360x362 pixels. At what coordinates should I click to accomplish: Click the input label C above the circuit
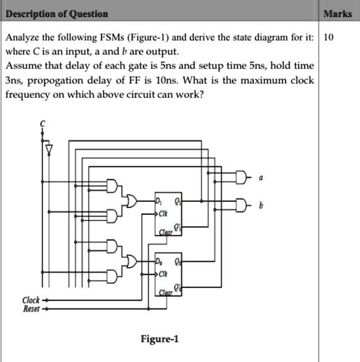point(43,124)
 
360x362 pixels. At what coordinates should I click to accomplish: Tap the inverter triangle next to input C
point(49,150)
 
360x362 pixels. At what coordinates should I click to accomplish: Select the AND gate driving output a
point(240,177)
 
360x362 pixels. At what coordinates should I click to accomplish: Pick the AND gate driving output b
point(240,205)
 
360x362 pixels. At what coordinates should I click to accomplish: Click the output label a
point(261,178)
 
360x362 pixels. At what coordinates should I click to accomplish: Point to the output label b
point(261,205)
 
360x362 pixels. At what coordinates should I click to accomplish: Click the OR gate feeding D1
point(131,201)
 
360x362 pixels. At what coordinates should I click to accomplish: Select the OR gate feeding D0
point(131,261)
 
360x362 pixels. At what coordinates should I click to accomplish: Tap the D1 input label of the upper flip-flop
point(158,201)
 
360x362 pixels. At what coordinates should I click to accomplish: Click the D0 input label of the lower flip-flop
point(158,262)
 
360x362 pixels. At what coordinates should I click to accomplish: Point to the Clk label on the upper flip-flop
point(163,214)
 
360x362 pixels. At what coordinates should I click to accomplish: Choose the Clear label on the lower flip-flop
point(166,293)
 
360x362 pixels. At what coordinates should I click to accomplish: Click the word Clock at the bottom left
point(31,300)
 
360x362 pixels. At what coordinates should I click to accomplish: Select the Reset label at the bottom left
point(31,308)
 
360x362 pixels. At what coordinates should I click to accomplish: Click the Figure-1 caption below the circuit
point(160,339)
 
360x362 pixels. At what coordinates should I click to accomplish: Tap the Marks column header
point(338,14)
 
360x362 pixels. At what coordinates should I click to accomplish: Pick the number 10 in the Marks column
point(329,37)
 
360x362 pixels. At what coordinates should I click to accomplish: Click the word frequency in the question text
point(28,95)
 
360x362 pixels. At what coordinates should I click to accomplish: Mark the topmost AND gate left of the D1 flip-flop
point(112,186)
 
